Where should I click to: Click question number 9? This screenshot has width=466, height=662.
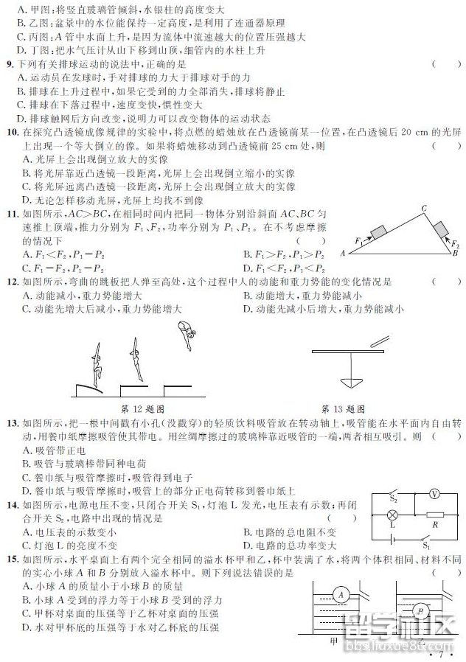click(x=10, y=65)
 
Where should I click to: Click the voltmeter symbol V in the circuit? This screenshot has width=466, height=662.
click(x=435, y=494)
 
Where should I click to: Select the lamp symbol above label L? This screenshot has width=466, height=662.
click(x=393, y=515)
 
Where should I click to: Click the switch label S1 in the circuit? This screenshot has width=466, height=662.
click(x=426, y=546)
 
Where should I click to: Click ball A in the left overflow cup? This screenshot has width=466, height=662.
click(x=340, y=594)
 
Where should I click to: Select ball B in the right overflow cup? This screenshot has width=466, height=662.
click(x=421, y=610)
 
